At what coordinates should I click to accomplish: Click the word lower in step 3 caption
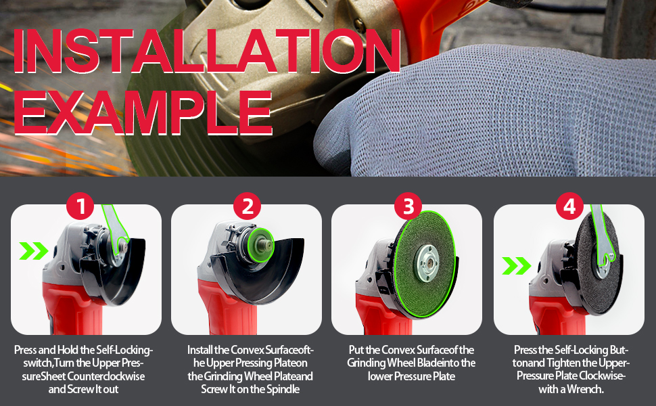click(381, 376)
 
